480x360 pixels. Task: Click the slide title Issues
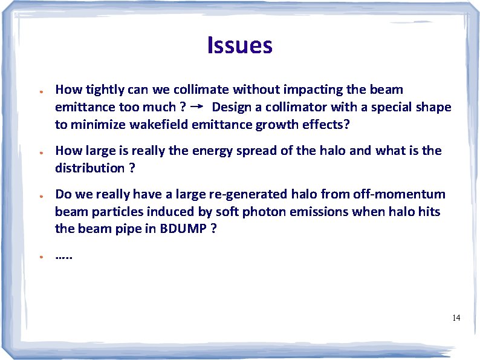(239, 45)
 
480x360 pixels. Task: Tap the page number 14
(456, 318)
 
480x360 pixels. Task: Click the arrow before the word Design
(196, 107)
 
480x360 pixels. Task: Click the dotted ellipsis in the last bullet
(63, 256)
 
